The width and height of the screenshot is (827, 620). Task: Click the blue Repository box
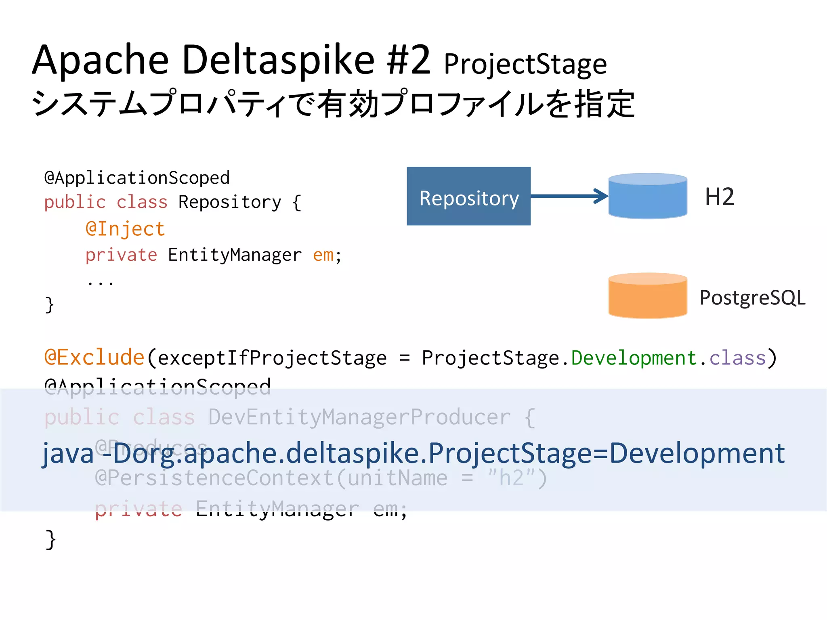point(468,196)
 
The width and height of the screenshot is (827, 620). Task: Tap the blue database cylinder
point(647,197)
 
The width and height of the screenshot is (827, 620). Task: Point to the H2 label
point(719,197)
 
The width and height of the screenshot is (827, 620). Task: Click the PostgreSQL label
point(752,298)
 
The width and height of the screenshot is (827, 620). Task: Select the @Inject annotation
point(125,229)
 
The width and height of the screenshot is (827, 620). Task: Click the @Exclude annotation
point(94,357)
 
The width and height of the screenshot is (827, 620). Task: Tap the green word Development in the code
point(634,358)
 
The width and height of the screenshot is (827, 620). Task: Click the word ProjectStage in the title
point(525,65)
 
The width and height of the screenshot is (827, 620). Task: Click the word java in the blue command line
point(68,454)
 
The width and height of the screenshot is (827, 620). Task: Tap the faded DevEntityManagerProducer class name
point(359,417)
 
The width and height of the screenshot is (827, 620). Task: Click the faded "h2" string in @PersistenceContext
point(512,478)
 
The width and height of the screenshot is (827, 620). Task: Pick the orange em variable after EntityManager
point(323,255)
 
